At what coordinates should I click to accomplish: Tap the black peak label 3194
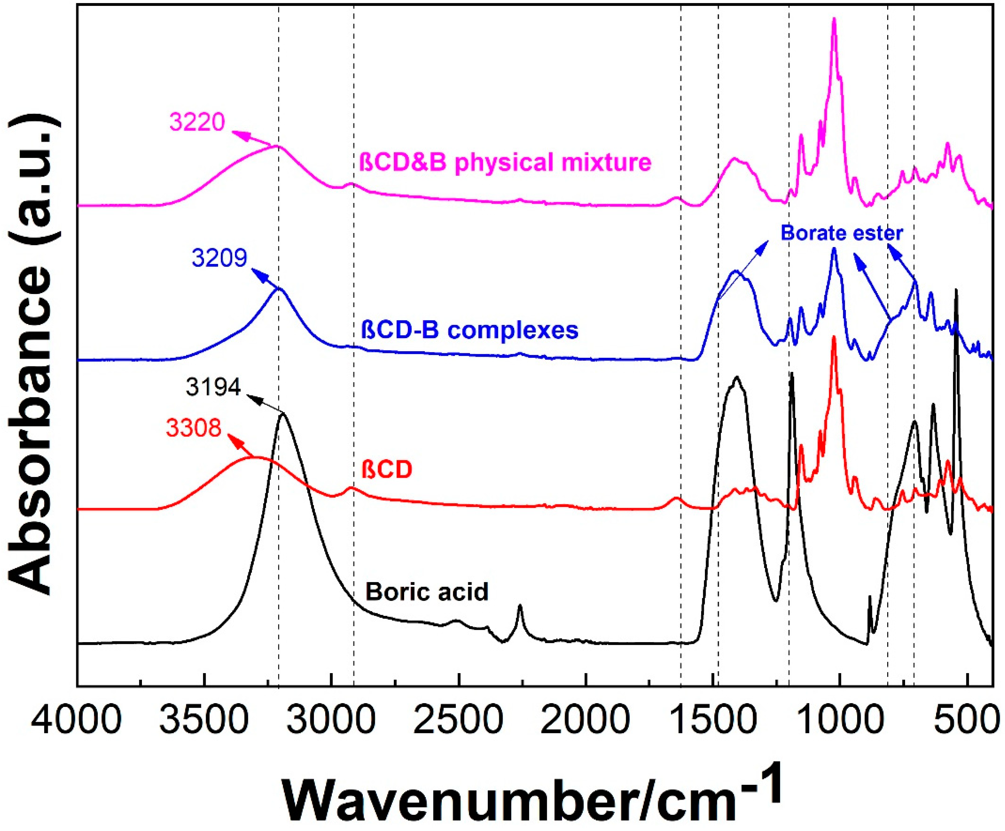(x=214, y=387)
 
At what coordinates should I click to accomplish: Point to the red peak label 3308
(x=194, y=427)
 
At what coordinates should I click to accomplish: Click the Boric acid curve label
(x=427, y=592)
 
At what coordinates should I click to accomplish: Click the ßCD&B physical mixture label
(x=505, y=162)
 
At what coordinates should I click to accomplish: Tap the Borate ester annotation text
(x=842, y=233)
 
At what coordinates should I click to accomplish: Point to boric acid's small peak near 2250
(x=520, y=607)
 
